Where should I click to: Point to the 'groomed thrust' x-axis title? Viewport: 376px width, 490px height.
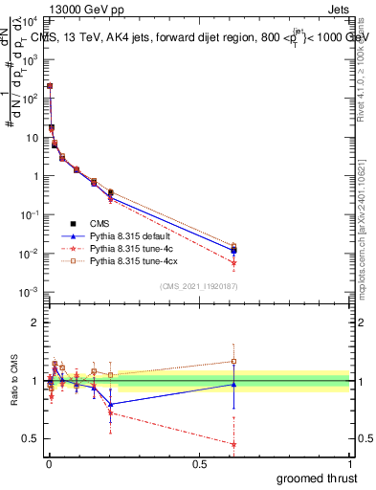pos(318,478)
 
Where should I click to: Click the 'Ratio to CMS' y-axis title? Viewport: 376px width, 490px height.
pos(13,380)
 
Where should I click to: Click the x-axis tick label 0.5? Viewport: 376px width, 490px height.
pos(199,464)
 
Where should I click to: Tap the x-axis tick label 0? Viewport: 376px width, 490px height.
pos(47,464)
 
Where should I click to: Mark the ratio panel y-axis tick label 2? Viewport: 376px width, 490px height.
pos(34,323)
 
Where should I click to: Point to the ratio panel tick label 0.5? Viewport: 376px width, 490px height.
pos(30,438)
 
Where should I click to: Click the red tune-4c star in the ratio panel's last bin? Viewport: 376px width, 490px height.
pos(233,443)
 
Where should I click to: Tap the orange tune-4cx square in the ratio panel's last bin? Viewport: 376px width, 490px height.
pos(233,362)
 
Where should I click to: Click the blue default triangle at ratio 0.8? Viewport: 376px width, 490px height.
pos(111,404)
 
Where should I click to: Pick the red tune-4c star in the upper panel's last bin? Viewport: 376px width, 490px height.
pos(233,262)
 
